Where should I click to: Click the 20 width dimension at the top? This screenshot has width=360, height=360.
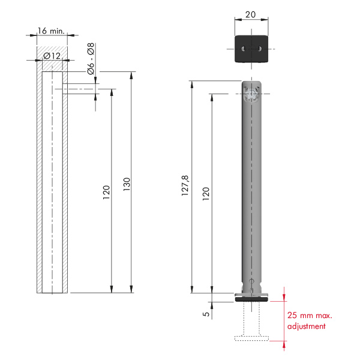tap(250, 14)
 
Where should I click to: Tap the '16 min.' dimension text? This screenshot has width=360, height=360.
tap(51, 31)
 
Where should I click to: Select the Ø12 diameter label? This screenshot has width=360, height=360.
tap(52, 56)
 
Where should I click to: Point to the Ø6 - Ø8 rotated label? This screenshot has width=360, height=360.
tap(91, 59)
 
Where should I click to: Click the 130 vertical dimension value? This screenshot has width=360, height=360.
tap(127, 184)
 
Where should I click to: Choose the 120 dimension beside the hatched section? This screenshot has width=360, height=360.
tap(106, 193)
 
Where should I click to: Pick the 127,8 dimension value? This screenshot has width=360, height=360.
tap(185, 185)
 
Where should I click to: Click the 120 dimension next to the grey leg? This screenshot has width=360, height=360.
tap(206, 194)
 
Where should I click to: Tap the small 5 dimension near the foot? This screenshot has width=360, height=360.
tap(206, 314)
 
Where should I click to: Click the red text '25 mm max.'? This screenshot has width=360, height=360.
tap(310, 315)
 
